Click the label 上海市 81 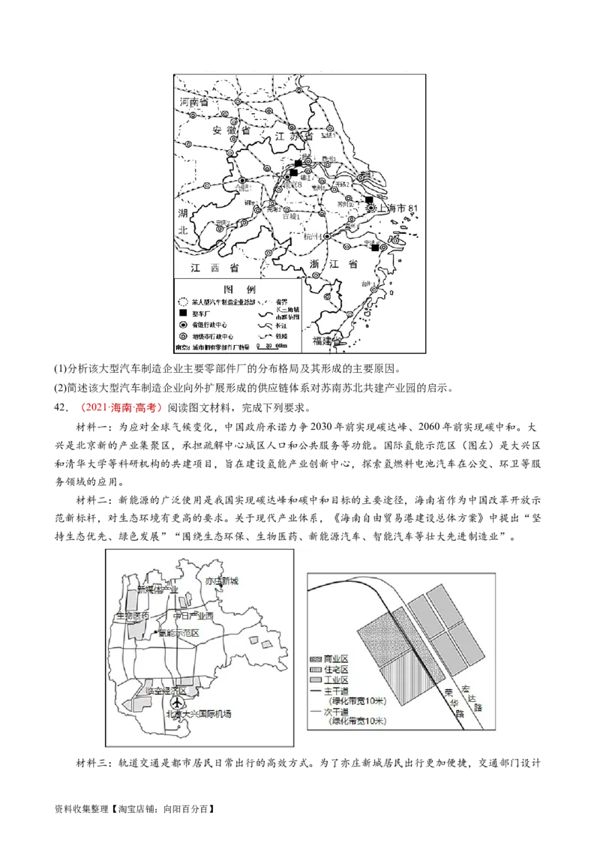pyautogui.click(x=404, y=207)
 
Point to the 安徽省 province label pyautogui.click(x=231, y=130)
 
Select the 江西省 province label pyautogui.click(x=214, y=267)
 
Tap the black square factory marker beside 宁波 pyautogui.click(x=375, y=248)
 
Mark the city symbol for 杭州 pyautogui.click(x=327, y=236)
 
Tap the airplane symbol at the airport pyautogui.click(x=177, y=703)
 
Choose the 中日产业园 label pyautogui.click(x=193, y=616)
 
